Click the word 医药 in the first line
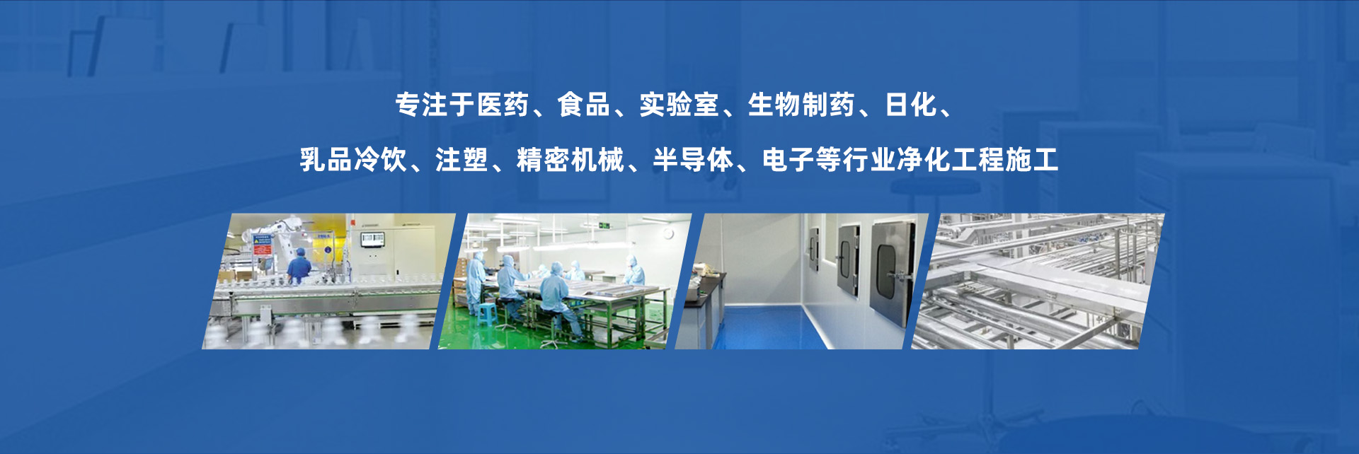(503, 105)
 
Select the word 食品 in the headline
(584, 105)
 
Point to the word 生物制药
(801, 105)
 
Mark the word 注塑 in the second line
(461, 160)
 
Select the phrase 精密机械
(570, 160)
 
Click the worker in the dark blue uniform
(299, 267)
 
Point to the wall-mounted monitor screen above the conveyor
(372, 239)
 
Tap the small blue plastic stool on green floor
(486, 313)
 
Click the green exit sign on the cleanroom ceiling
(603, 226)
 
